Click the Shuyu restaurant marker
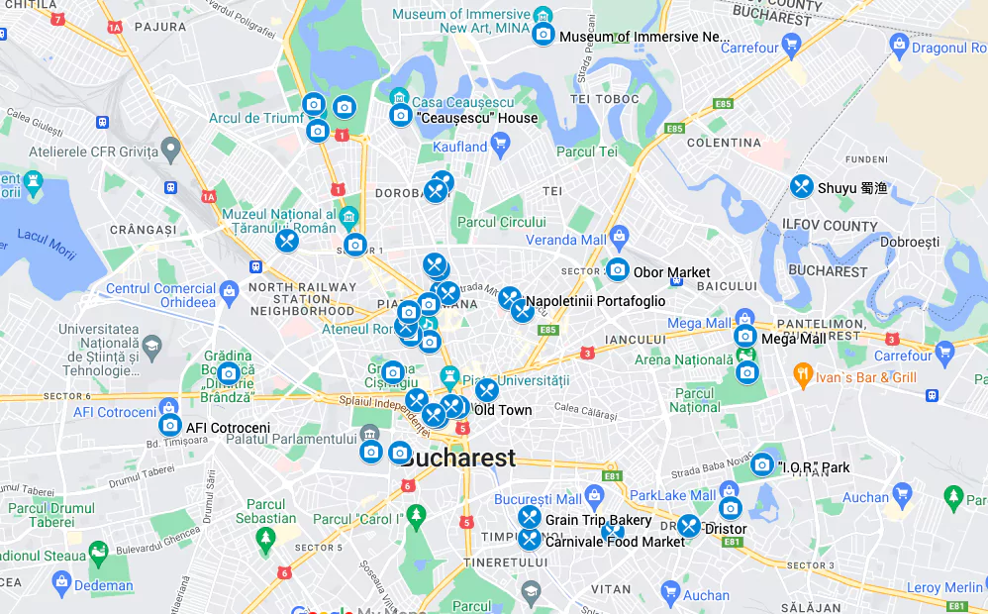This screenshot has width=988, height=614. tap(802, 186)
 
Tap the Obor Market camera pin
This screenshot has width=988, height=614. tap(618, 269)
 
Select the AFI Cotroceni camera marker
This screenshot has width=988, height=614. tap(169, 425)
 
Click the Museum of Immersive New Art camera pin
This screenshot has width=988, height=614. tap(543, 35)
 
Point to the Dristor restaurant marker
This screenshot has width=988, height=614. tap(689, 526)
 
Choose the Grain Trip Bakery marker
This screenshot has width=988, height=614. tap(530, 517)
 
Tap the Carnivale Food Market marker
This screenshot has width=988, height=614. tap(530, 539)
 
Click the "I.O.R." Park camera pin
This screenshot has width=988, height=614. tap(761, 464)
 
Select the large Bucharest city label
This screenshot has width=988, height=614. tap(458, 459)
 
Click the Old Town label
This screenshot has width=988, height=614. tap(502, 410)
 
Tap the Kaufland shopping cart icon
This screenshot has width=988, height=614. tap(501, 147)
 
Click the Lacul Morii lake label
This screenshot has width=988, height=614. tap(47, 244)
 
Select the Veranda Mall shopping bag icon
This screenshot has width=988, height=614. tap(619, 237)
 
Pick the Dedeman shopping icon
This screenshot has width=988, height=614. tap(61, 583)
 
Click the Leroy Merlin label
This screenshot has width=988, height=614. tap(944, 587)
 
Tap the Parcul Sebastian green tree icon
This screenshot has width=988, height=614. tap(265, 538)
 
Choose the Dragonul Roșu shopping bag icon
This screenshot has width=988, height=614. tap(899, 45)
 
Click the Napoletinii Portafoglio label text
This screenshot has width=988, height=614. tap(595, 301)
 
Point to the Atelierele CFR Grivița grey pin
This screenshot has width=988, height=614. tap(171, 151)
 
